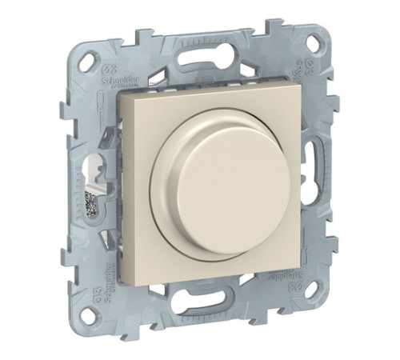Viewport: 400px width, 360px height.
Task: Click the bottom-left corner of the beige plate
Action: (x=122, y=282)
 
